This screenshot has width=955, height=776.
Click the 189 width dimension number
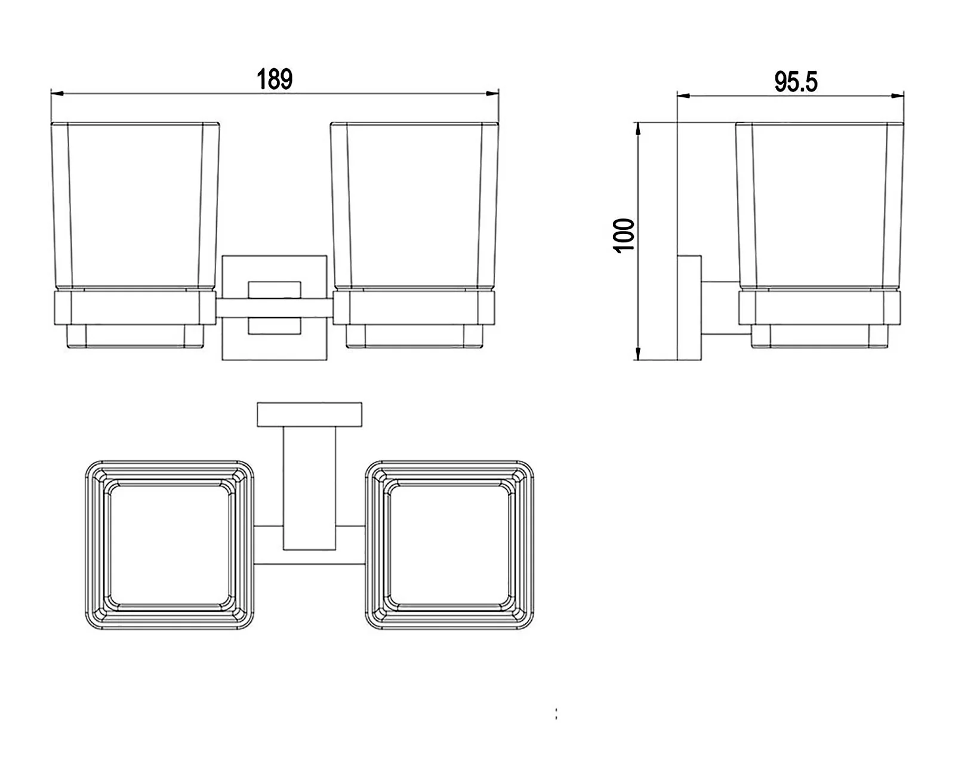(x=275, y=79)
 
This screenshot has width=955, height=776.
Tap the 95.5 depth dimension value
(x=796, y=82)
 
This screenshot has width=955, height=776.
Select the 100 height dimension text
(x=624, y=236)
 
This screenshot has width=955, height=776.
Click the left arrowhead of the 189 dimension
(x=57, y=94)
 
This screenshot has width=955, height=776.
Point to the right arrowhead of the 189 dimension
(x=492, y=94)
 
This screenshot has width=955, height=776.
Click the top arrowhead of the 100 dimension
(x=638, y=129)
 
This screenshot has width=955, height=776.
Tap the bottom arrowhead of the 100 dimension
(x=638, y=353)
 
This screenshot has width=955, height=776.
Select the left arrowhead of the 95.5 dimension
(x=683, y=96)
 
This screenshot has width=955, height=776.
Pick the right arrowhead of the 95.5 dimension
(x=898, y=96)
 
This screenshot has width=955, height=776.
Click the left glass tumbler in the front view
(x=135, y=205)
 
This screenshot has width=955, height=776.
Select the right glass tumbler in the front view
(x=414, y=205)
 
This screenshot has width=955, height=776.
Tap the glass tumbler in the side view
(x=820, y=205)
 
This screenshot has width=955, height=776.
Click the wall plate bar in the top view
(x=309, y=415)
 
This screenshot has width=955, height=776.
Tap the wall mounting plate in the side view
(x=689, y=308)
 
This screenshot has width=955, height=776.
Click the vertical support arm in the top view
(x=309, y=489)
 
